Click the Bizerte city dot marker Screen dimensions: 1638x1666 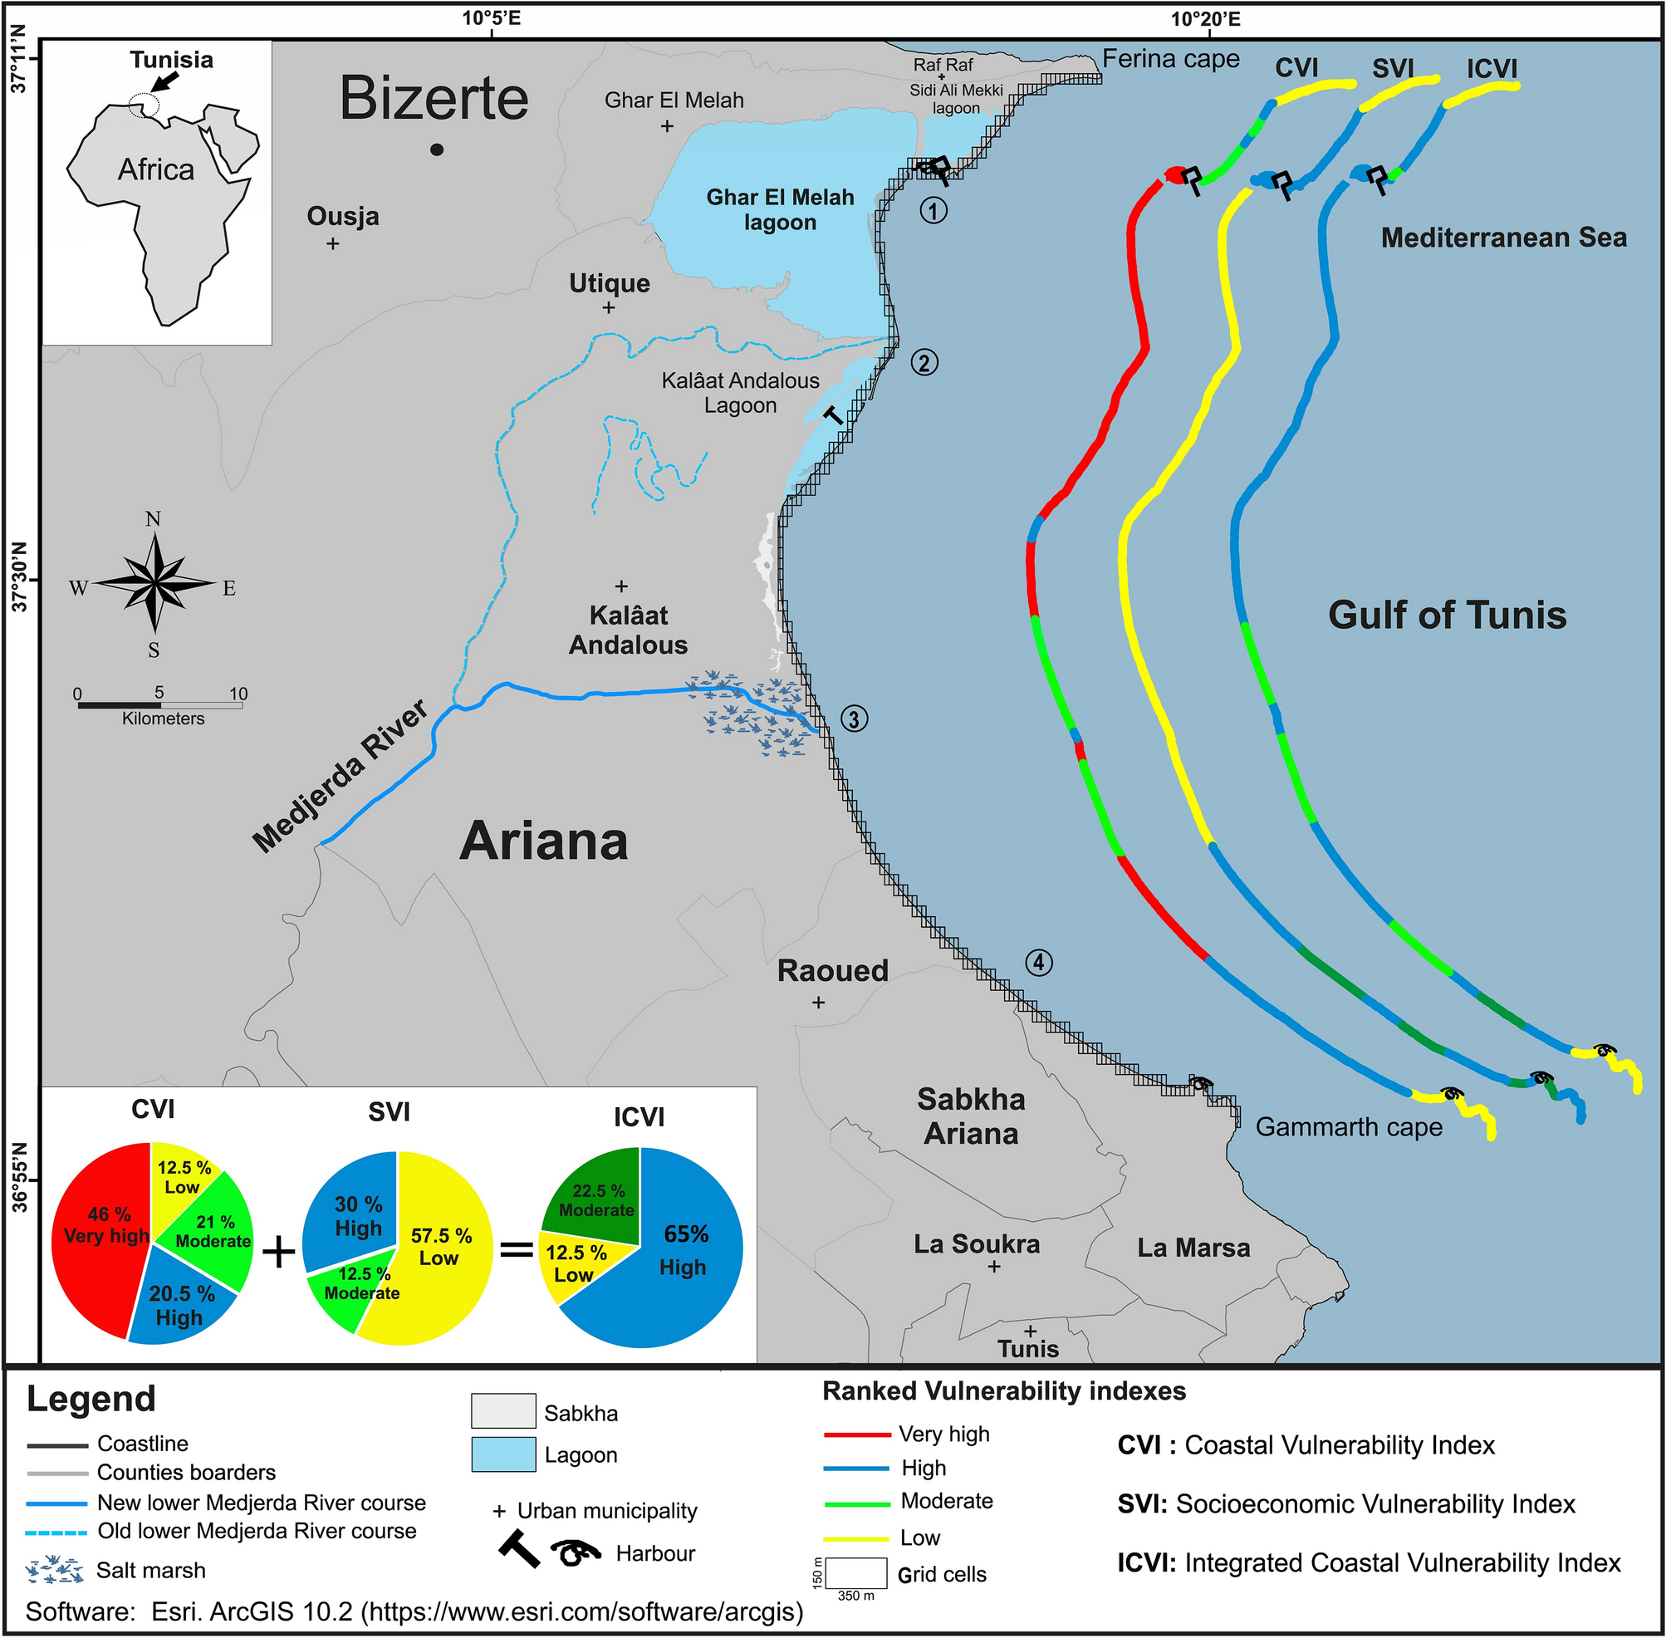point(437,150)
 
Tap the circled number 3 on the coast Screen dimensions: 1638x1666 point(854,718)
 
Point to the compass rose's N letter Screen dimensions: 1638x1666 point(153,519)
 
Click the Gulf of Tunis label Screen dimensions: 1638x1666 point(1448,615)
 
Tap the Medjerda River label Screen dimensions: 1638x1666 point(341,776)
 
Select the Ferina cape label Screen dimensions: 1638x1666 point(1170,58)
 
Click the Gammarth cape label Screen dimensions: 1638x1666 point(1349,1127)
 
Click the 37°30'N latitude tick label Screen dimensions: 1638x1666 point(19,577)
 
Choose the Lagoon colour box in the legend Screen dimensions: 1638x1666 point(503,1454)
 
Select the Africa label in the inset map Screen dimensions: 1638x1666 point(155,169)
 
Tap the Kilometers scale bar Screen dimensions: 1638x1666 point(160,704)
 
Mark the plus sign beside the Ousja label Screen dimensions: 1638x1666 point(333,243)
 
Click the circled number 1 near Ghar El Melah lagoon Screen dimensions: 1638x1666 point(933,210)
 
